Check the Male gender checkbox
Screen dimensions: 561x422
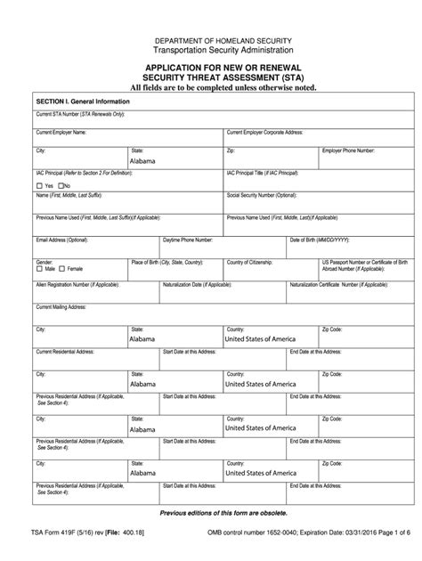pyautogui.click(x=38, y=268)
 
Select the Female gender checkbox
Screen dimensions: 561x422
pyautogui.click(x=61, y=268)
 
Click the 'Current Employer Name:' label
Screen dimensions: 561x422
pyautogui.click(x=61, y=132)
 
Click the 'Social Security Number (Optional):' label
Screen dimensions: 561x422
pyautogui.click(x=261, y=194)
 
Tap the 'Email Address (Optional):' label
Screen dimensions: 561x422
pyautogui.click(x=61, y=240)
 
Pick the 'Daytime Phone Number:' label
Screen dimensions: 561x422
pyautogui.click(x=187, y=240)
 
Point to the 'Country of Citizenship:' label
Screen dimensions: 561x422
pyautogui.click(x=254, y=262)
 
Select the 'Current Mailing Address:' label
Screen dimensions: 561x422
pyautogui.click(x=61, y=306)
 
